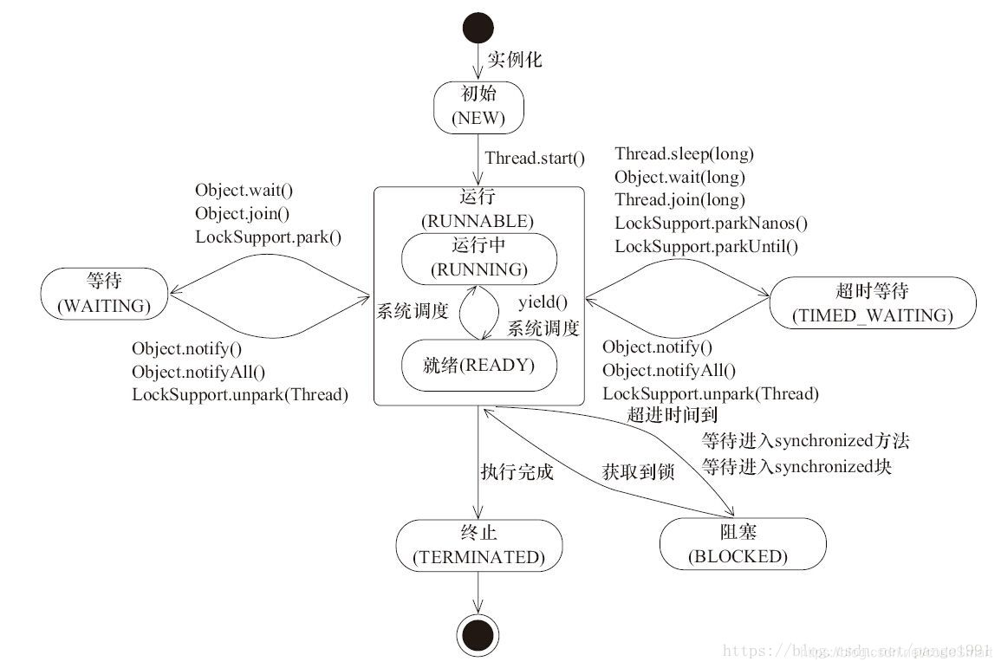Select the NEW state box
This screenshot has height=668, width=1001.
tap(479, 107)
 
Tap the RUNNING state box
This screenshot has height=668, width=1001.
tap(478, 257)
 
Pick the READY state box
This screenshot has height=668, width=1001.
tap(478, 365)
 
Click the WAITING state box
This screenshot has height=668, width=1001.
tap(103, 293)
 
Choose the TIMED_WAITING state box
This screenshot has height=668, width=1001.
tap(872, 303)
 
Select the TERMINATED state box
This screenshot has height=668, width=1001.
tap(478, 545)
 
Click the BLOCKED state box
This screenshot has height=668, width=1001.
tap(738, 544)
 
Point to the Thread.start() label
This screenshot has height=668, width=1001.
tap(535, 158)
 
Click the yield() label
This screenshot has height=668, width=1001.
tap(543, 302)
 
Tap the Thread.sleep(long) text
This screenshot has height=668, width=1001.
tap(684, 154)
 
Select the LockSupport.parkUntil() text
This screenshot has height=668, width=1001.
tap(705, 246)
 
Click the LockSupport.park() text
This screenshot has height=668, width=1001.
tap(268, 236)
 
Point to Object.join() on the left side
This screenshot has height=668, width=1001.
tap(243, 213)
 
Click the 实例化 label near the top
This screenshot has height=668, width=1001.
tap(515, 60)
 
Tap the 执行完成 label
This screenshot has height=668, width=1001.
tap(517, 472)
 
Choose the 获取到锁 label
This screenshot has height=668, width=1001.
tap(638, 472)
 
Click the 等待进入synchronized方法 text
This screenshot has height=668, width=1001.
tap(805, 441)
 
